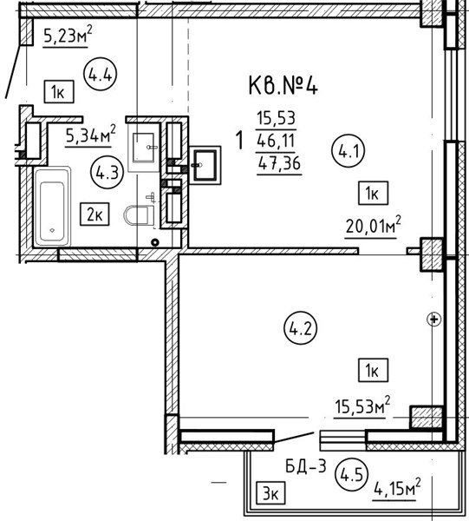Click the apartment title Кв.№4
point(283,87)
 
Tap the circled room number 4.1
point(348,152)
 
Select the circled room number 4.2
point(300,328)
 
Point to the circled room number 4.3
point(107,173)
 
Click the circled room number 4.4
point(101,75)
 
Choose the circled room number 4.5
point(352,474)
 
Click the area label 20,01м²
point(373,227)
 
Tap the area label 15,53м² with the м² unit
point(362,406)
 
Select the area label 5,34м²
point(91,135)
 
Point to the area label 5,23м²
point(68,36)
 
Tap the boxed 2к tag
point(94,214)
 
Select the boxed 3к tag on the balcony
point(270,492)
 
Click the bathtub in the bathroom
point(52,206)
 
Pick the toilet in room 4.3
point(140,215)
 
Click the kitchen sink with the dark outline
point(205,165)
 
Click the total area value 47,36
point(279,163)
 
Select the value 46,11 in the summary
point(276,141)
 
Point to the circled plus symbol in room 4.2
point(433,320)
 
